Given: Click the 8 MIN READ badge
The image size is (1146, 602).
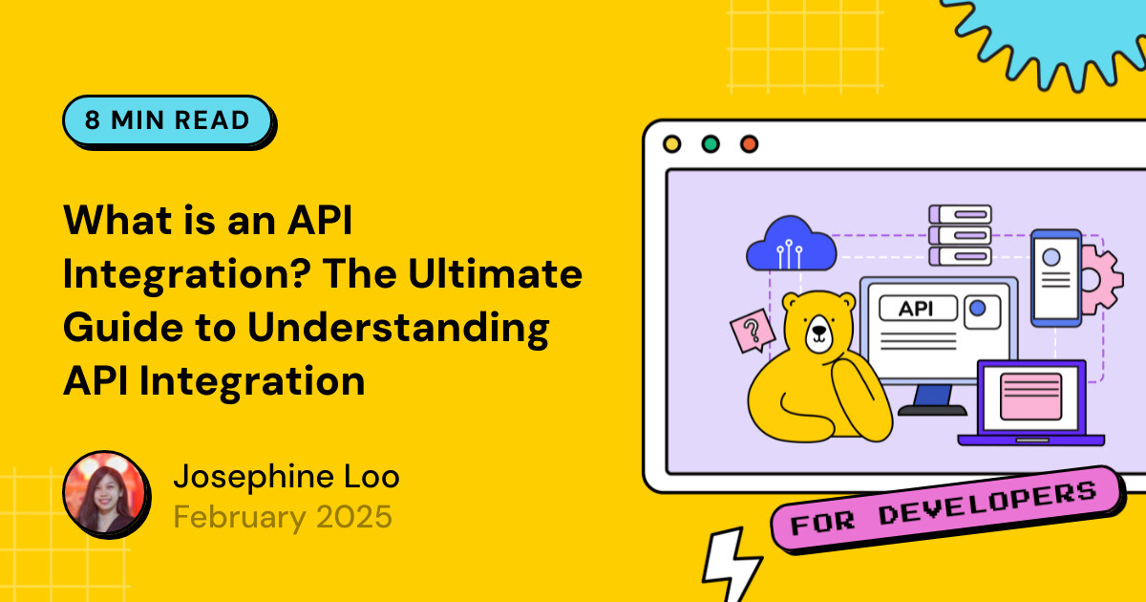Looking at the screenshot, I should point(167,120).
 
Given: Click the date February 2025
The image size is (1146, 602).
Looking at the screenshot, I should point(283,517).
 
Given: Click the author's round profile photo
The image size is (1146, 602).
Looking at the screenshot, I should point(105,492).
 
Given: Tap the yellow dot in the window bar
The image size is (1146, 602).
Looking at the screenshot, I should point(671,144).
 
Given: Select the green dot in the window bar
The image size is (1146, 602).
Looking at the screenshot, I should point(711,144).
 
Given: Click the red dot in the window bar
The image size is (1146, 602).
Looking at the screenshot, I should point(749,144).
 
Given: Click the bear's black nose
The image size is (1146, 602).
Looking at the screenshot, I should point(818,335).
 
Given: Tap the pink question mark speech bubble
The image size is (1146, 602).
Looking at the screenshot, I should point(753,332).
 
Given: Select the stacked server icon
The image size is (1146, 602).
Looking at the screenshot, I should point(960,235).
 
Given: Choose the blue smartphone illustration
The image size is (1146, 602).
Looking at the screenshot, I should point(1055,276).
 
